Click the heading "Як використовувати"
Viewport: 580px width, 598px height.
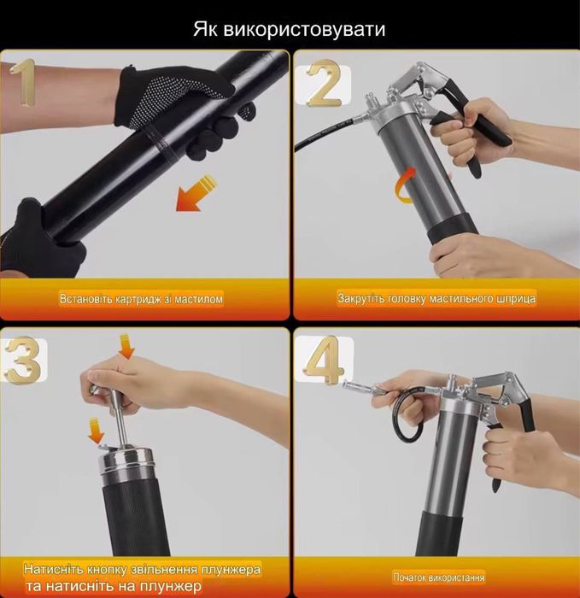pos(290,29)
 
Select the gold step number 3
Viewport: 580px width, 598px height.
pos(22,359)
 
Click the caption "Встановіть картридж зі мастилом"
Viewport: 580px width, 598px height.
pos(143,300)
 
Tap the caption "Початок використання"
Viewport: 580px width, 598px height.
pos(434,577)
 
